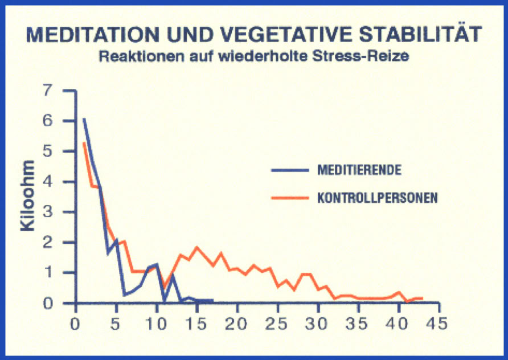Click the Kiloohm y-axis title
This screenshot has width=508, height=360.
28,195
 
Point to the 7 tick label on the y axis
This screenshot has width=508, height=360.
47,91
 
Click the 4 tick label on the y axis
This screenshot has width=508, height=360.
47,182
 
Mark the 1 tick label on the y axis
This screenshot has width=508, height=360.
47,273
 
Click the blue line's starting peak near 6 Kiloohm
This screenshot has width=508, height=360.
84,119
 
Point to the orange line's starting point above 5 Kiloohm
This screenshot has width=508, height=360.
84,142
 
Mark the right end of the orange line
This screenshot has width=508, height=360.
423,298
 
